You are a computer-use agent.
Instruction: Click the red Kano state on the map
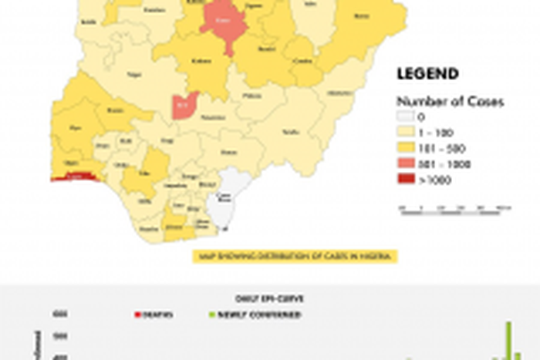pos(223,23)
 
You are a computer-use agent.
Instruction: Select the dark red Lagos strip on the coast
pos(75,177)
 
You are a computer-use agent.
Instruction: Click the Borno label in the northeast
pos(360,15)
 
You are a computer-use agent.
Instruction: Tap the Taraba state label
pos(291,132)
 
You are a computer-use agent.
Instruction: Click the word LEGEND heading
pos(427,75)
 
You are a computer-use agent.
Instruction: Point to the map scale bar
pos(455,209)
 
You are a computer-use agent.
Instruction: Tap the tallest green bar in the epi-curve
pos(508,339)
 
